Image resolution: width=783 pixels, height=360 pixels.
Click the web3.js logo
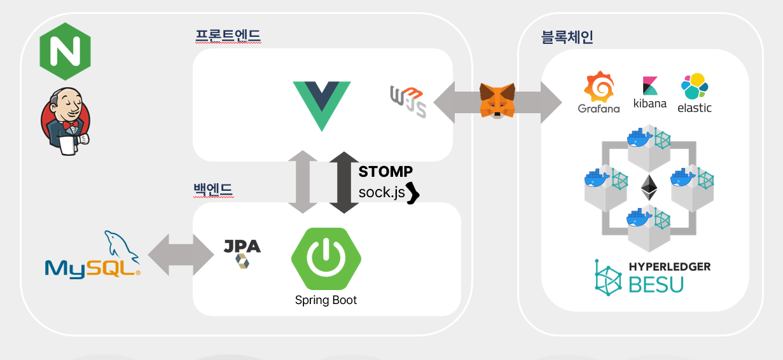(x=408, y=101)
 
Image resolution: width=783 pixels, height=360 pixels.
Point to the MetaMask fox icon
(x=498, y=100)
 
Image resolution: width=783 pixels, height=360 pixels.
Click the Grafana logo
(x=599, y=93)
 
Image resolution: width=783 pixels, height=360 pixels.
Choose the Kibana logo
(x=650, y=93)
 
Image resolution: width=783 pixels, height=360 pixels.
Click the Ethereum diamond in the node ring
(x=649, y=188)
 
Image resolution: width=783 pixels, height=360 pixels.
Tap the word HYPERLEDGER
(x=669, y=267)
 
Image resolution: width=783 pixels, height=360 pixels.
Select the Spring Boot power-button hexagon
(x=326, y=258)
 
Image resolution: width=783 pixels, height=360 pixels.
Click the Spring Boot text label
(x=326, y=300)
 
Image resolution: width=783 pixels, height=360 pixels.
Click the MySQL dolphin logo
(x=93, y=255)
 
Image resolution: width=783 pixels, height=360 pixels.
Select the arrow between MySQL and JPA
(x=181, y=254)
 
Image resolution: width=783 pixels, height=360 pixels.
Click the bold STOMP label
(x=385, y=172)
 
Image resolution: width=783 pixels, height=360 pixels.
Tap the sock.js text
(x=382, y=192)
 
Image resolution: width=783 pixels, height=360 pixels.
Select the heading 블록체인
(x=567, y=38)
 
